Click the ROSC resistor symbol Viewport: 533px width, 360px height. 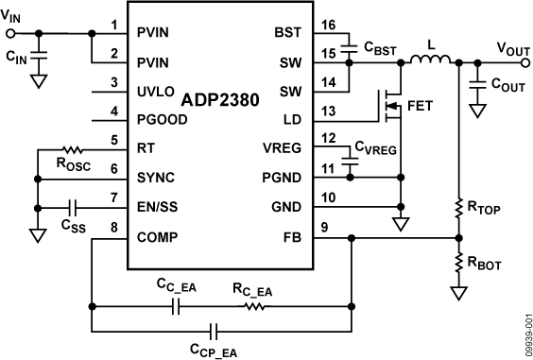click(x=73, y=148)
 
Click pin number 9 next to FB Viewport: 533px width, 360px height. click(x=325, y=228)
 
